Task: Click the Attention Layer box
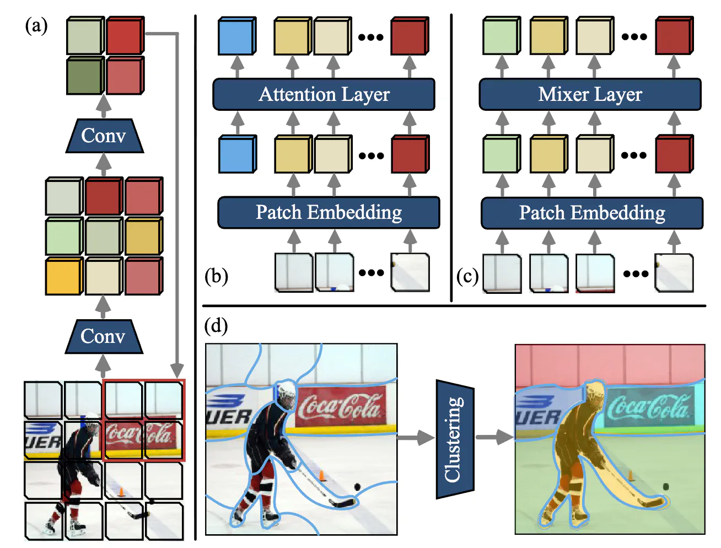pyautogui.click(x=324, y=94)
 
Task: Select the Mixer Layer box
pyautogui.click(x=590, y=94)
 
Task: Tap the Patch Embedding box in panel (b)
pyautogui.click(x=329, y=212)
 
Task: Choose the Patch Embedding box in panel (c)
pyautogui.click(x=592, y=213)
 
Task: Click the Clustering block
pyautogui.click(x=455, y=439)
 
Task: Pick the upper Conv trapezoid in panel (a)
pyautogui.click(x=104, y=136)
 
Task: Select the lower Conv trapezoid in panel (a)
pyautogui.click(x=104, y=336)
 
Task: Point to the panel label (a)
pyautogui.click(x=36, y=26)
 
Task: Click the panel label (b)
pyautogui.click(x=216, y=276)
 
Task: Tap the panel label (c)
pyautogui.click(x=467, y=276)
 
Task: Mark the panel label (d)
pyautogui.click(x=216, y=326)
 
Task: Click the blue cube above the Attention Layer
pyautogui.click(x=236, y=37)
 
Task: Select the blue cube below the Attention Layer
pyautogui.click(x=237, y=155)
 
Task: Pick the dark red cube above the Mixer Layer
pyautogui.click(x=674, y=36)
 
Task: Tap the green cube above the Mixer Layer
pyautogui.click(x=501, y=36)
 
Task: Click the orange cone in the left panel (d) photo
pyautogui.click(x=321, y=475)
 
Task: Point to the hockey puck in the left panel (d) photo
pyautogui.click(x=357, y=487)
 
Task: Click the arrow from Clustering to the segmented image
pyautogui.click(x=494, y=438)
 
